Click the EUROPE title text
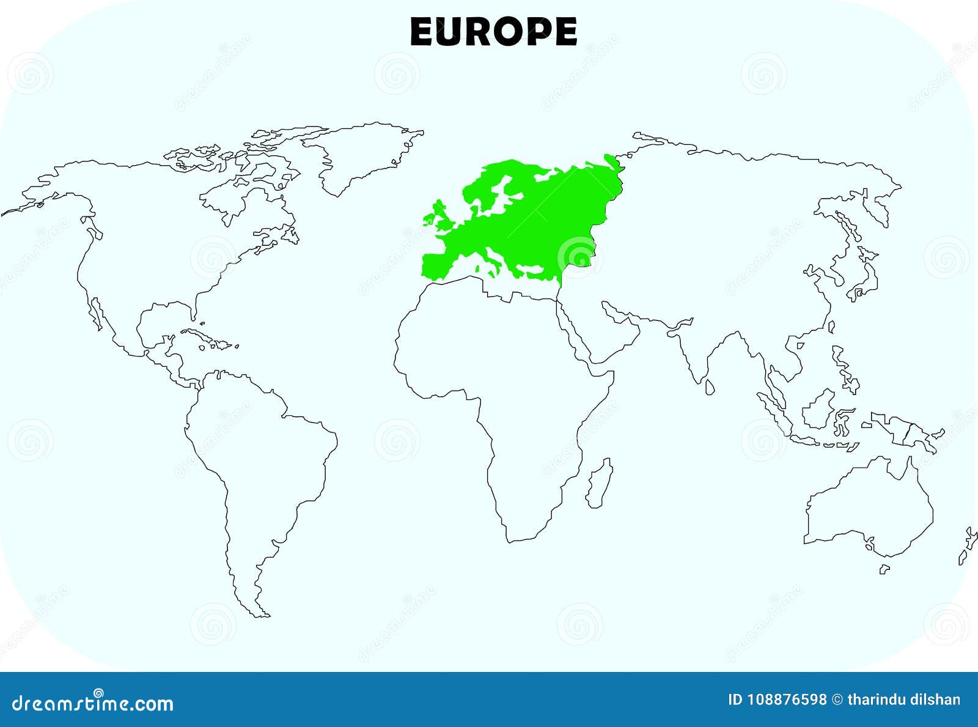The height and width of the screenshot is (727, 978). pyautogui.click(x=493, y=32)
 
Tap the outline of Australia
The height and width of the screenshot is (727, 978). pyautogui.click(x=868, y=507)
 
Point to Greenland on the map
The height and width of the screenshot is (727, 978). pyautogui.click(x=361, y=153)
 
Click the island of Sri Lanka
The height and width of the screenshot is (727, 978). pyautogui.click(x=710, y=386)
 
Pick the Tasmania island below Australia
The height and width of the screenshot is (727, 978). pyautogui.click(x=884, y=569)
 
